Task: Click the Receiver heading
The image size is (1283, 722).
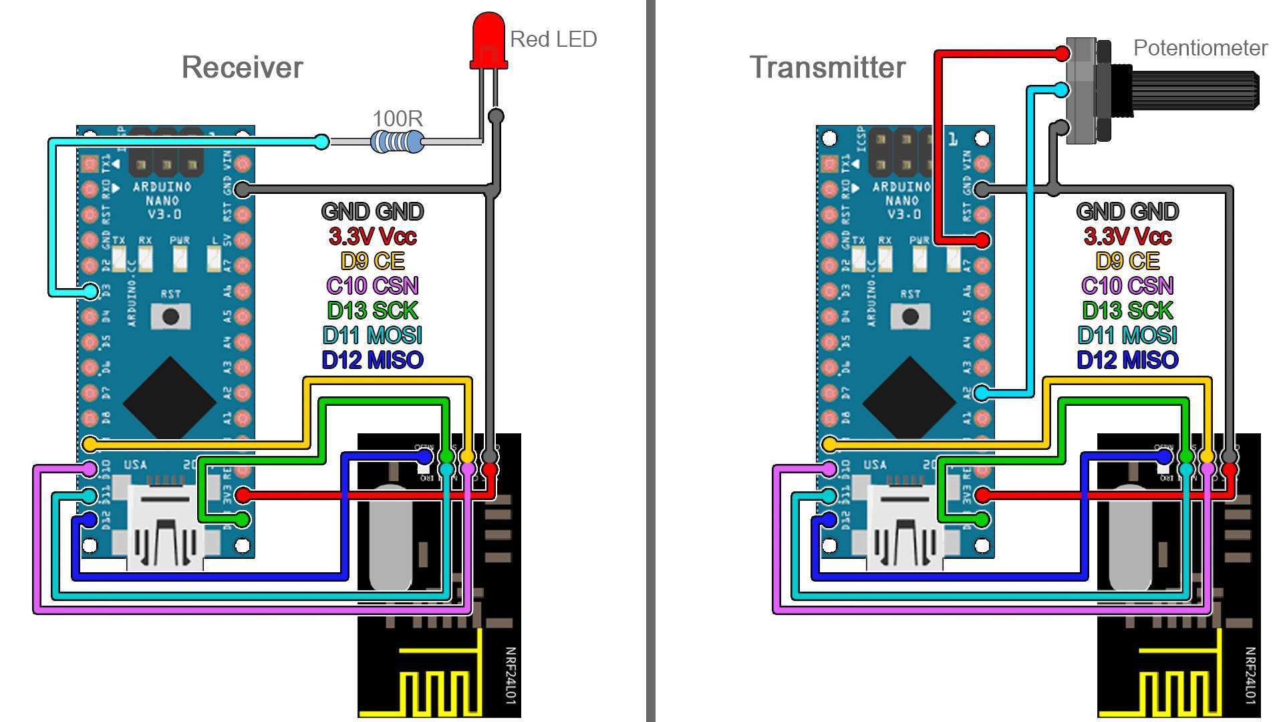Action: click(x=242, y=68)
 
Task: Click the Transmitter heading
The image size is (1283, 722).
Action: click(x=827, y=68)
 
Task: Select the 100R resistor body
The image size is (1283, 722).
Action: click(x=397, y=142)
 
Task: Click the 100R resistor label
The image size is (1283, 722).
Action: click(x=397, y=119)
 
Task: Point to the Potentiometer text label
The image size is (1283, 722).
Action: click(x=1200, y=48)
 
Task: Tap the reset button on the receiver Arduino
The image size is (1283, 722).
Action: click(x=170, y=316)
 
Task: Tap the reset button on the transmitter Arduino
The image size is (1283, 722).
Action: click(x=910, y=316)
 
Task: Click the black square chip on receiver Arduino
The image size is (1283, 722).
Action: click(x=170, y=400)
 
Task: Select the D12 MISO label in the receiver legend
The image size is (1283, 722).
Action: click(x=372, y=360)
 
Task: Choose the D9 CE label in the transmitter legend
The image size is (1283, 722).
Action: click(x=1127, y=261)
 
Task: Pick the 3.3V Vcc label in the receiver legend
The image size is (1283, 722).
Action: click(x=372, y=236)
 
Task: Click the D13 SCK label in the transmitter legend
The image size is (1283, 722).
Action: click(x=1127, y=311)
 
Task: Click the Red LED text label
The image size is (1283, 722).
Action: click(x=553, y=39)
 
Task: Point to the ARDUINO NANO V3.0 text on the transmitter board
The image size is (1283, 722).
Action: click(x=901, y=200)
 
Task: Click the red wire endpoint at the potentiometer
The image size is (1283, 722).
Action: click(x=1062, y=53)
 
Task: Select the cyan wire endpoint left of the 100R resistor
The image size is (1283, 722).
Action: click(x=321, y=142)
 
